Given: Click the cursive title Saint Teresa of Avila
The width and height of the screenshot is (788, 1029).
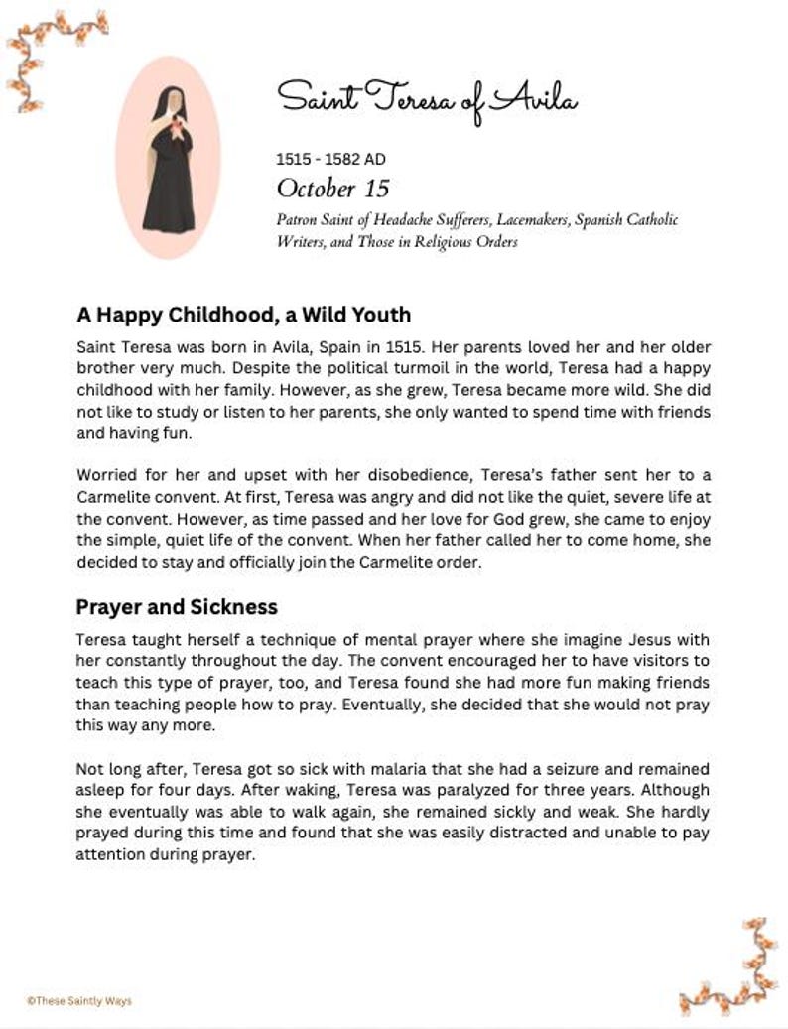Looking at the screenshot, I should pos(427,98).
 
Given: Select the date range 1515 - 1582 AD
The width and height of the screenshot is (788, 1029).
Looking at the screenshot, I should pos(330,159).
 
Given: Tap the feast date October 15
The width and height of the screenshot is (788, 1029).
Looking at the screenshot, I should pos(332,188).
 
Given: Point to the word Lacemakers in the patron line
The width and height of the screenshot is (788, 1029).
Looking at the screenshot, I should pos(521,220).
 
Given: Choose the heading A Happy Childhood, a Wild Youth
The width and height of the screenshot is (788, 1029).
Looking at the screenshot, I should pos(243,315).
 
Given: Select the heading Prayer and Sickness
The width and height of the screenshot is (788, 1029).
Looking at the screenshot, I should pos(177,606).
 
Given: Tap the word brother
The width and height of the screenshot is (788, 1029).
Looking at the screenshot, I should pos(103,368).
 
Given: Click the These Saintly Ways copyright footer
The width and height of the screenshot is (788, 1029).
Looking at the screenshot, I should pos(78,1001).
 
